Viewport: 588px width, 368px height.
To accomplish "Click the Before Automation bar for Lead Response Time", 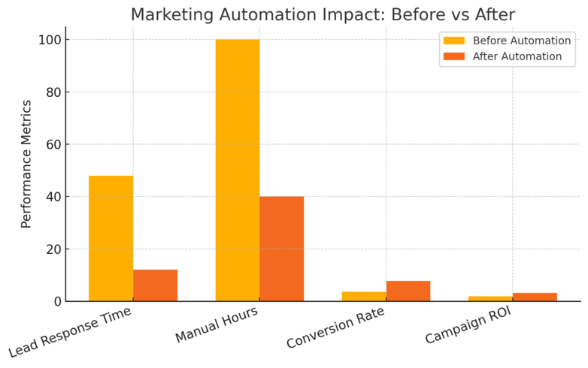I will click(111, 239).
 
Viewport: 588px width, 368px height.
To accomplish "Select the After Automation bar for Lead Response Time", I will click(155, 285).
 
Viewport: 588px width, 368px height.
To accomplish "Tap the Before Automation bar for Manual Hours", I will click(238, 170).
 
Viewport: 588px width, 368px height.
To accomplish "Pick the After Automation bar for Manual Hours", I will click(282, 249).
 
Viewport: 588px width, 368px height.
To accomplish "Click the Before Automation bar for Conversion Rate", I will click(364, 297).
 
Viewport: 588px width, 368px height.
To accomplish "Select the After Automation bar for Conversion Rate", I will click(408, 291).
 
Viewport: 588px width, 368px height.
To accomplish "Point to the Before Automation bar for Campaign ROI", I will click(490, 299).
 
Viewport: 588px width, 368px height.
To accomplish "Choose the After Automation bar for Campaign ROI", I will click(535, 297).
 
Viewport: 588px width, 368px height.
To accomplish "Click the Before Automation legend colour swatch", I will click(454, 41).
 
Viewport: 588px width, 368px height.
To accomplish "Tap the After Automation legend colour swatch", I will click(454, 56).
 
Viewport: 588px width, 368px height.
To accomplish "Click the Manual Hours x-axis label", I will click(218, 324).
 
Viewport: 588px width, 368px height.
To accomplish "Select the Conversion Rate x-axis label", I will click(337, 328).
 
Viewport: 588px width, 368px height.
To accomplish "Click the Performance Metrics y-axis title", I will click(26, 163).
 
